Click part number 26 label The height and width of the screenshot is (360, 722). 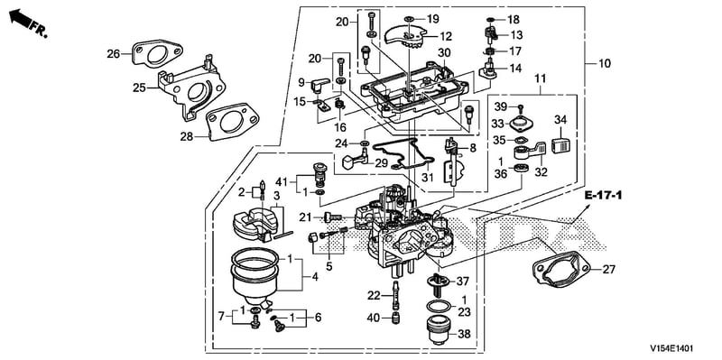click(114, 54)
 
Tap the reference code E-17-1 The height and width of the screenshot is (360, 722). click(603, 196)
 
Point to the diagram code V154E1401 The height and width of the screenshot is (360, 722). click(671, 348)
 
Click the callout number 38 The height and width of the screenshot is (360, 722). click(465, 335)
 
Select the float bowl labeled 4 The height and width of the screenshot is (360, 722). click(255, 274)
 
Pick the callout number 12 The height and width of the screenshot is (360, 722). click(446, 36)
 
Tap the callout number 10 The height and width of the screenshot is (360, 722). click(605, 63)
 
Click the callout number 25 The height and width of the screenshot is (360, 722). click(139, 87)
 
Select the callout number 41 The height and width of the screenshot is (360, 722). click(282, 181)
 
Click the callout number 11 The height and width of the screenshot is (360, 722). click(540, 78)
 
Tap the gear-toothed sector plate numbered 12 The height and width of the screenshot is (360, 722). click(406, 39)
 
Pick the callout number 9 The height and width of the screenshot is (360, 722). click(301, 83)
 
